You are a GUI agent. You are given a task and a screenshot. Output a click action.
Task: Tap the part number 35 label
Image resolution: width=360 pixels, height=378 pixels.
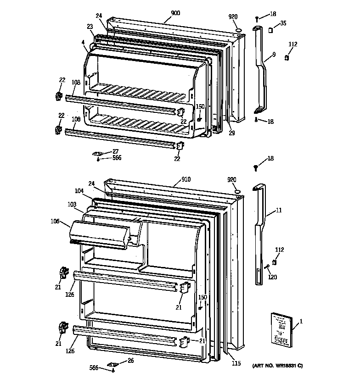(283, 23)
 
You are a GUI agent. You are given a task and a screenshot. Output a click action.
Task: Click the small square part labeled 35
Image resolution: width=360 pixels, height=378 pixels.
(270, 31)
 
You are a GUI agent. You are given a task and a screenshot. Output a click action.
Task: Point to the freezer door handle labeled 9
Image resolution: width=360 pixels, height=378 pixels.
(262, 69)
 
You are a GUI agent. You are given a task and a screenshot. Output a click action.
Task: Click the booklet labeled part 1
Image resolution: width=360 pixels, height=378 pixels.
(279, 328)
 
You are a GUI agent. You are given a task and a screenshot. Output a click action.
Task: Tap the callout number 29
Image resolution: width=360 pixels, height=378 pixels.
(232, 133)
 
